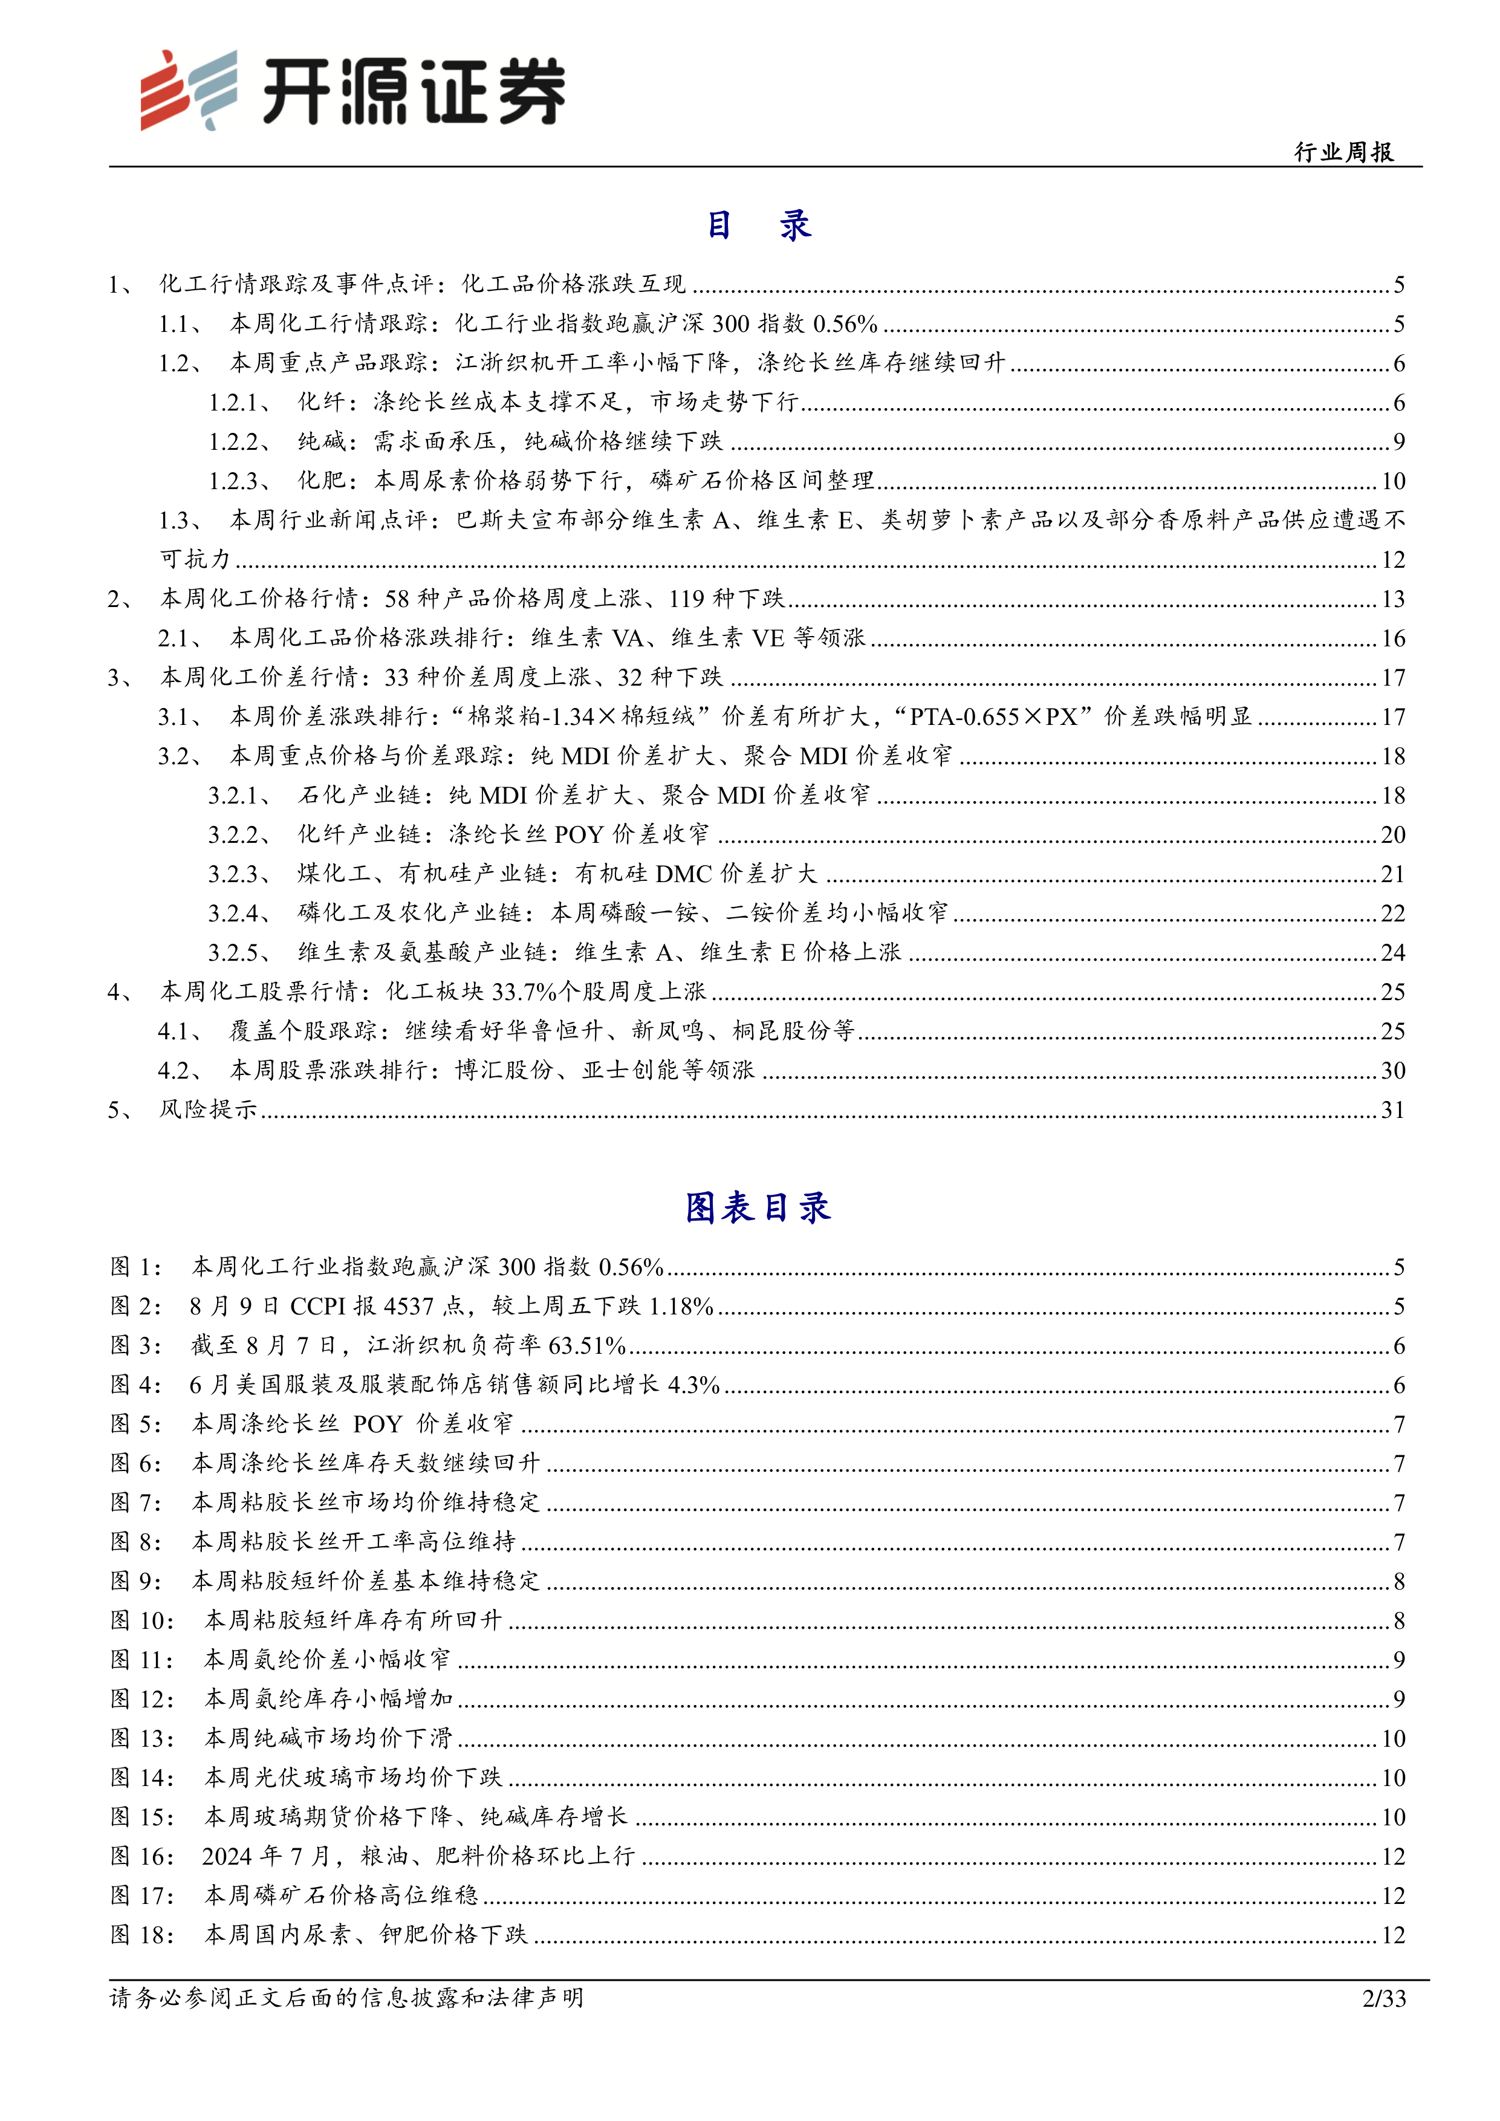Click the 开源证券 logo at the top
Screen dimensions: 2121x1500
[352, 89]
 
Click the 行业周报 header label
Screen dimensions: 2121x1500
[1344, 152]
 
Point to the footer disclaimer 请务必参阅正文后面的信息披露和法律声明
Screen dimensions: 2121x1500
[346, 1997]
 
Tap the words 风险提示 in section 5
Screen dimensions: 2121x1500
[209, 1109]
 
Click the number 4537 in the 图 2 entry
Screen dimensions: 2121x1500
[408, 1306]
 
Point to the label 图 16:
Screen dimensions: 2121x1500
[142, 1857]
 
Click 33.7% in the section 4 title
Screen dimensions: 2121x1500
[525, 992]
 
